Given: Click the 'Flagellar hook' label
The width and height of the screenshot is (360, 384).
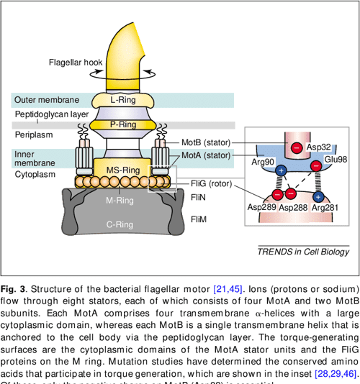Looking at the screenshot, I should pyautogui.click(x=75, y=63).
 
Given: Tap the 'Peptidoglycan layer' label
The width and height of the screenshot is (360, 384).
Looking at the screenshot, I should pyautogui.click(x=52, y=114).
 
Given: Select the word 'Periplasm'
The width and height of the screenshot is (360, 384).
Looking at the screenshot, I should pyautogui.click(x=34, y=134).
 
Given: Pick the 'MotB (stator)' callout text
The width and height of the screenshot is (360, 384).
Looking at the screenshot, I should pyautogui.click(x=205, y=142).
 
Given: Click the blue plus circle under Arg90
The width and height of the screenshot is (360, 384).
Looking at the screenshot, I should pyautogui.click(x=281, y=171).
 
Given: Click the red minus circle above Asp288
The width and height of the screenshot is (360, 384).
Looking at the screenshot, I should pyautogui.click(x=289, y=193).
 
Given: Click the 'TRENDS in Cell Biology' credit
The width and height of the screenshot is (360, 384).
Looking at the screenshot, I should pyautogui.click(x=303, y=250).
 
